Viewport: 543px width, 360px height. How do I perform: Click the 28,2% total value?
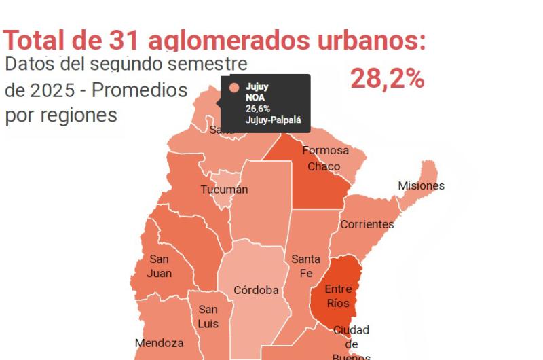[x=387, y=79]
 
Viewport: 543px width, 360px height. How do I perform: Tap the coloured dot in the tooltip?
[x=235, y=88]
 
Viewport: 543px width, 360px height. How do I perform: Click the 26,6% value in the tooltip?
[x=258, y=109]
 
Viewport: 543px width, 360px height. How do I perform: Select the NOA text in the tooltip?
[x=256, y=98]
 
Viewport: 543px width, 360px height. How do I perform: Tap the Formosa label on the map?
[x=325, y=150]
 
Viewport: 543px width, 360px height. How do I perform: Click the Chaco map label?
[x=324, y=166]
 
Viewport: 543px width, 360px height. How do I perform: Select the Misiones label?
[x=421, y=185]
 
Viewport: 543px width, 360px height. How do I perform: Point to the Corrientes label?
[x=367, y=224]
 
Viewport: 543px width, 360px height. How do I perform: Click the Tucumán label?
[x=224, y=190]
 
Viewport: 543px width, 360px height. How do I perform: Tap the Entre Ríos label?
[x=338, y=296]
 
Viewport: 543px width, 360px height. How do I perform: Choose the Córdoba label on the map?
[x=256, y=290]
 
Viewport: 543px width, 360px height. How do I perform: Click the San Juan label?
[x=160, y=266]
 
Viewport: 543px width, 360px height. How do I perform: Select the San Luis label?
[x=208, y=317]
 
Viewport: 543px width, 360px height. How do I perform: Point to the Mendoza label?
[x=159, y=343]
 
